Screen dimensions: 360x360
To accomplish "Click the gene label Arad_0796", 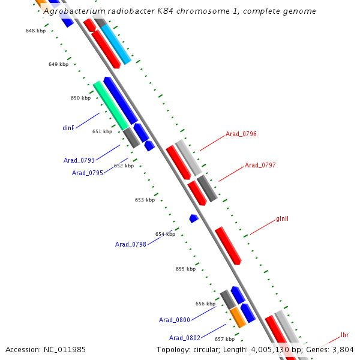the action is (x=241, y=134).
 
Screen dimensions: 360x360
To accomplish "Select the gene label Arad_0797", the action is (x=260, y=165).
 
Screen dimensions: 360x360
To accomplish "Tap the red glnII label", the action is (x=283, y=218).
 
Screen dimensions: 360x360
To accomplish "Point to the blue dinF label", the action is (x=68, y=128).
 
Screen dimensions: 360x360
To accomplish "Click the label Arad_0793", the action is (x=79, y=160).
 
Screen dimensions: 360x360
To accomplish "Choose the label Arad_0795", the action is (x=88, y=173).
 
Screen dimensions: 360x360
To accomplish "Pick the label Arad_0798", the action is (x=131, y=244).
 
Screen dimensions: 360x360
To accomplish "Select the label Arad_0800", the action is (x=175, y=320).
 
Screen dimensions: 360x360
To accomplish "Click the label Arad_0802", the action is (x=185, y=338).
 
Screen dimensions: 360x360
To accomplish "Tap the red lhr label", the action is (x=344, y=335).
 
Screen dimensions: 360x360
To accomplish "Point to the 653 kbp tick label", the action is (x=145, y=200).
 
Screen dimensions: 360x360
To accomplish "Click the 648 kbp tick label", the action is (x=35, y=30).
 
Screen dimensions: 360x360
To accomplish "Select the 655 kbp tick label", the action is (x=185, y=269).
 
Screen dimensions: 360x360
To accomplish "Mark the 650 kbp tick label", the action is (x=80, y=98).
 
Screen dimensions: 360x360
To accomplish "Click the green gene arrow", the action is (x=111, y=106).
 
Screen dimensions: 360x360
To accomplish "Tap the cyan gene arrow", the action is (x=116, y=44).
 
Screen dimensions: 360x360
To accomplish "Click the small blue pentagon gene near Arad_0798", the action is (x=193, y=218).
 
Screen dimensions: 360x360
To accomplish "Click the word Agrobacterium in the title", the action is (x=75, y=11).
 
